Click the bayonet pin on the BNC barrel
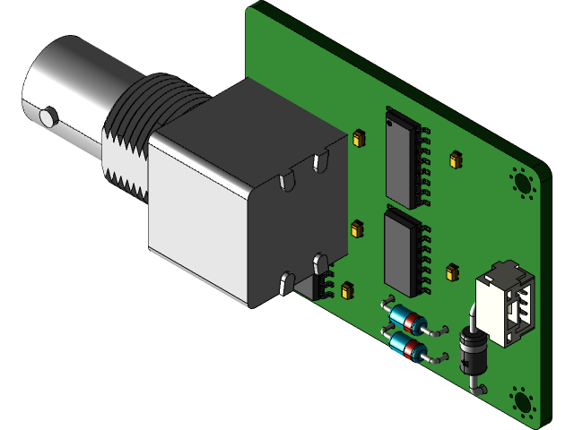tap(48, 116)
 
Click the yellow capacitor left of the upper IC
tap(360, 138)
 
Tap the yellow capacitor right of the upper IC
tap(455, 160)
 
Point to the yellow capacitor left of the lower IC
tap(356, 228)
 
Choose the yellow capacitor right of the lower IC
tap(452, 271)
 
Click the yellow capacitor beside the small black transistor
tap(345, 288)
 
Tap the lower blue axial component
tap(409, 348)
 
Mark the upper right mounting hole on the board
tap(521, 181)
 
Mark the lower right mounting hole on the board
tap(521, 401)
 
